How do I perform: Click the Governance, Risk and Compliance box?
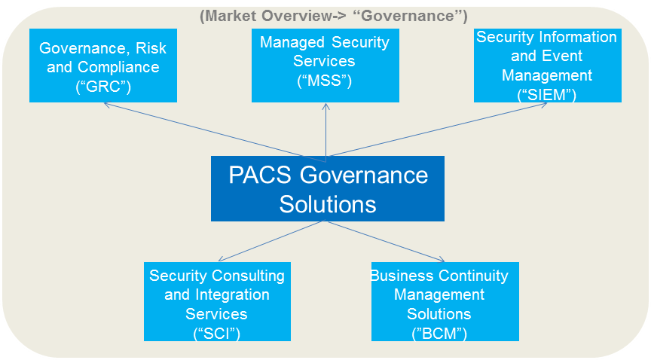tap(102, 66)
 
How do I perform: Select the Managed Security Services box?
tap(325, 66)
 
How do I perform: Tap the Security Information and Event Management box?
tap(547, 66)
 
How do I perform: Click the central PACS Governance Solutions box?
tap(328, 188)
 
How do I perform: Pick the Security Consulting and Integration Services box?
tap(217, 301)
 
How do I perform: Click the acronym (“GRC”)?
tap(103, 86)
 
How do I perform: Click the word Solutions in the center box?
tap(328, 203)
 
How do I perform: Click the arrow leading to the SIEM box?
tap(437, 131)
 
